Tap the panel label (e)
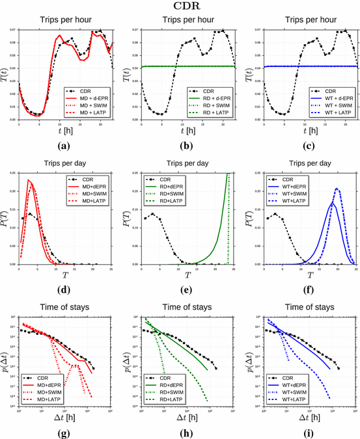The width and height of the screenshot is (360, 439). pos(183,291)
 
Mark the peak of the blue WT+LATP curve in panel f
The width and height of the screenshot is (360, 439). pos(337,189)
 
